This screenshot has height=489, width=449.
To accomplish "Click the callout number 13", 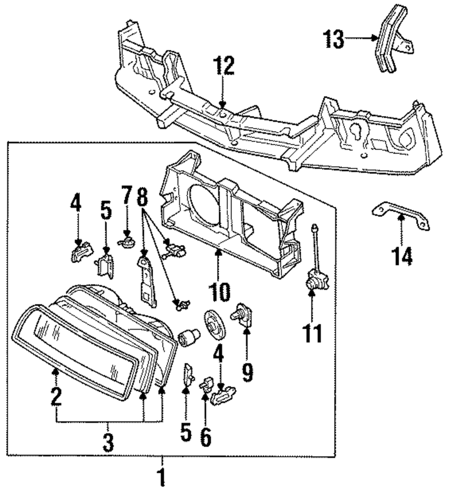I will click(x=334, y=39).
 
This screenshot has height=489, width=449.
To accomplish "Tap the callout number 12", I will click(x=223, y=66).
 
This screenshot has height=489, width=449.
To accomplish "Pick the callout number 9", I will click(x=247, y=372).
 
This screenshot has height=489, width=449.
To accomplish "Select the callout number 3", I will click(x=108, y=443).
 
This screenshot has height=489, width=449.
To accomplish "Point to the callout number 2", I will click(x=56, y=397).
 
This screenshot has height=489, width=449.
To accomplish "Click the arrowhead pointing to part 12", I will click(x=223, y=106).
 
